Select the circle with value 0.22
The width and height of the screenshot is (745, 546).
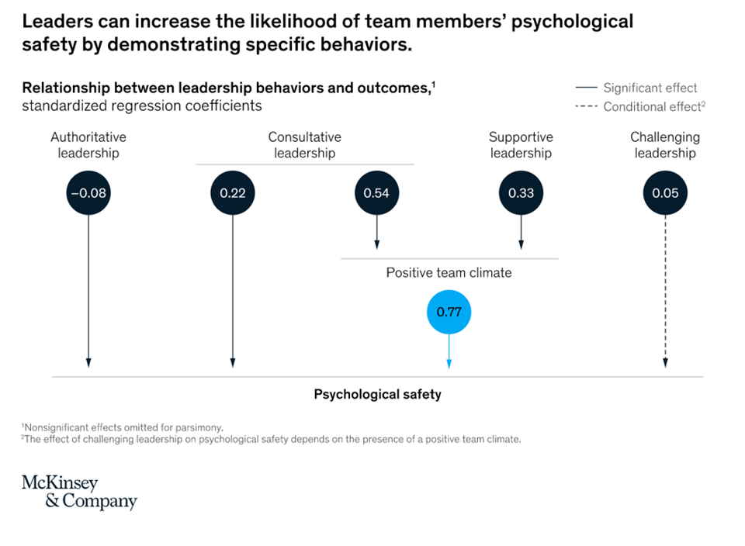coord(232,193)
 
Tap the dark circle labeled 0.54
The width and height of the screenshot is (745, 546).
coord(376,193)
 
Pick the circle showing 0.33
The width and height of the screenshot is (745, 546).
coord(521,193)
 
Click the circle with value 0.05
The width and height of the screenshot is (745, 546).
coord(665,193)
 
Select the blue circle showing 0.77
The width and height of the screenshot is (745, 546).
coord(449,313)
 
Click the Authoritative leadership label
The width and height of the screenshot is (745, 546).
coord(88,145)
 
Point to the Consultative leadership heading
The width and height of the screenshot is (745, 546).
coord(304,145)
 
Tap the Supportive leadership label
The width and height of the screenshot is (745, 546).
coord(521,145)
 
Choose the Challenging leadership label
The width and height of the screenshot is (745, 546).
coord(665,145)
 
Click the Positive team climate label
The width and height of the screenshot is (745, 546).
coord(449,273)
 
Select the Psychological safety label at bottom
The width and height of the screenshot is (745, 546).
coord(377,394)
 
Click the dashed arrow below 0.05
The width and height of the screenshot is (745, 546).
coord(665,295)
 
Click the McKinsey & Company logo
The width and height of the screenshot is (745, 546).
coord(79,492)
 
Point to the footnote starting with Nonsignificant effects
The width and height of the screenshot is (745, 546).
coord(123,427)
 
